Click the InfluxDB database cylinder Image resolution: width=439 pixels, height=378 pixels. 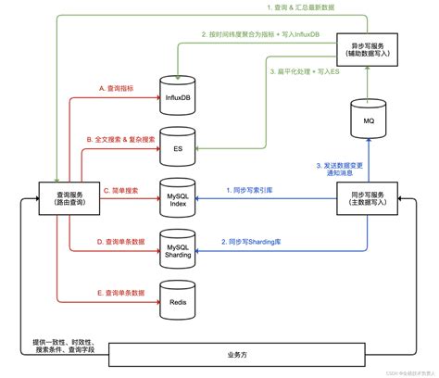click(178, 93)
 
